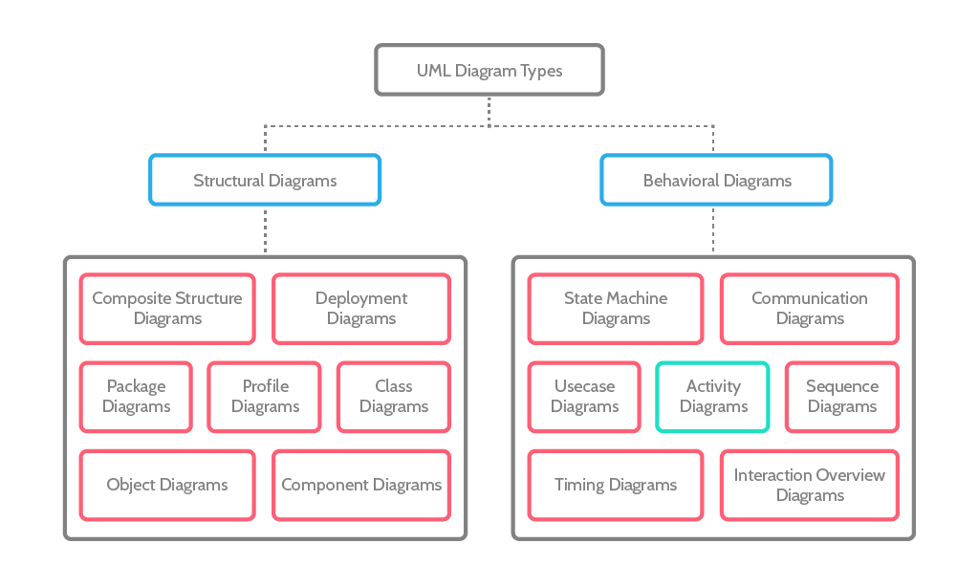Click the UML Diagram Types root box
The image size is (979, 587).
[x=489, y=70]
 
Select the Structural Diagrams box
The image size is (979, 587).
[x=265, y=180]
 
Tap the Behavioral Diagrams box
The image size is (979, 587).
[x=716, y=180]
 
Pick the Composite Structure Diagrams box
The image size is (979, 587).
[x=167, y=309]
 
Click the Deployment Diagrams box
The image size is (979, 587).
[x=360, y=309]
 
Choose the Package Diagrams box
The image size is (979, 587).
[x=136, y=397]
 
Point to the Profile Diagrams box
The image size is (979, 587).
[x=265, y=397]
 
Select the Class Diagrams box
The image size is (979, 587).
[x=393, y=397]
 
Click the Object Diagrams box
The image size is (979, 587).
[x=167, y=485]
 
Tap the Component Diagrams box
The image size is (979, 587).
[x=360, y=485]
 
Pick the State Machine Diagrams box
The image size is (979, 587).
[x=616, y=309]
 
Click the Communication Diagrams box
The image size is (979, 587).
[x=809, y=309]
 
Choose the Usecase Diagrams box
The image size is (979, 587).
[x=584, y=397]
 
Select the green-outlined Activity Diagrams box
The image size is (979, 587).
[x=712, y=397]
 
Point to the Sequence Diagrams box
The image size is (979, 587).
[x=841, y=397]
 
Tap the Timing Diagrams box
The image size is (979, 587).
[x=616, y=485]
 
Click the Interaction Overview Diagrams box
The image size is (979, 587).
[x=809, y=485]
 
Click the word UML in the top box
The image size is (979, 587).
[x=433, y=71]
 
